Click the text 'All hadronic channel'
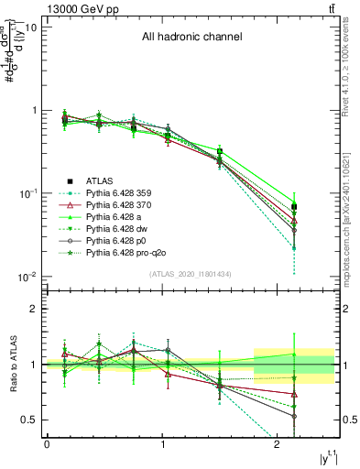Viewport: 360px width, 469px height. coord(191,38)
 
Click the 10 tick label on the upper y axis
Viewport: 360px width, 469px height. coord(30,27)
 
